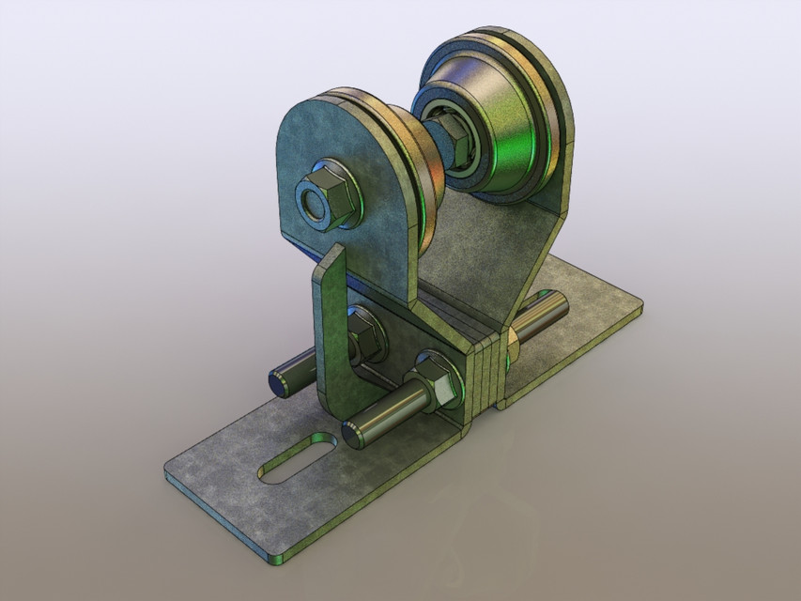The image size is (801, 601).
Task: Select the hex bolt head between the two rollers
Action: [452, 137]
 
